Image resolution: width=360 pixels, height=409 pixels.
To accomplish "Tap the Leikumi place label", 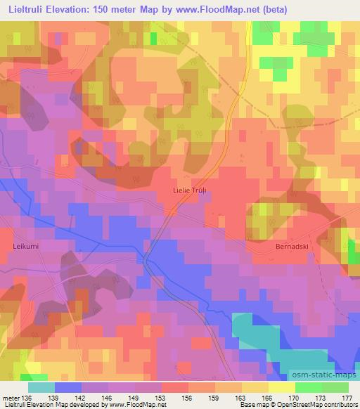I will [28, 247].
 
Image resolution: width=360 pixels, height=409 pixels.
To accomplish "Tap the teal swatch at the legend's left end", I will [41, 387].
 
